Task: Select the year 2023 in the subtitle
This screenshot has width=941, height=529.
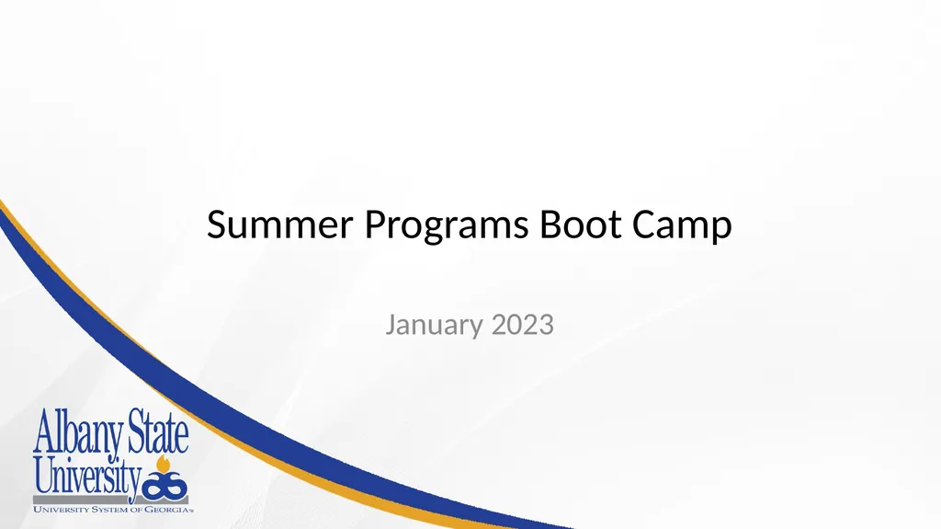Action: pos(523,325)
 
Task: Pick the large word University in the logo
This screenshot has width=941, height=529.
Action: pos(87,476)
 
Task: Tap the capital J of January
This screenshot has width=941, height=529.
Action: pos(391,325)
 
